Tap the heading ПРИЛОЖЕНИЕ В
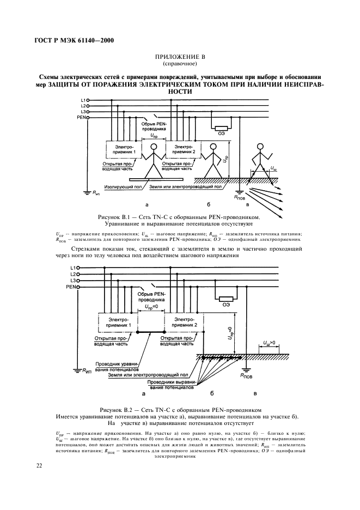(180, 56)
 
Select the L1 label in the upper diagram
(83, 100)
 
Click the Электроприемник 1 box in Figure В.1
(123, 150)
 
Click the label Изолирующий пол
(123, 186)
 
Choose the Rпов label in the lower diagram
(248, 375)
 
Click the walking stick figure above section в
(259, 158)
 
